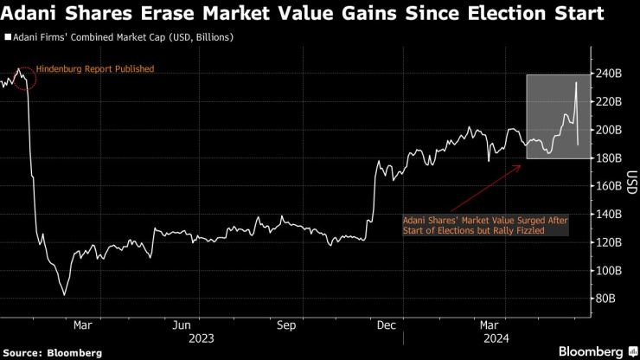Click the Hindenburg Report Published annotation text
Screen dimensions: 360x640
pos(95,68)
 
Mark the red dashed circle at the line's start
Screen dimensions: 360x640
pos(23,78)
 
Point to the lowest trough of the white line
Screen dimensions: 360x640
pos(64,294)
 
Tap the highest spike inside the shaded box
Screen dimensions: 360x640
pos(576,82)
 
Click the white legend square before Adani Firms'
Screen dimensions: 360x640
pos(8,38)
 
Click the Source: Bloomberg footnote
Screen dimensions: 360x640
pos(53,352)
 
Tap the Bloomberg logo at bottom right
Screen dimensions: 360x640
pos(596,351)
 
